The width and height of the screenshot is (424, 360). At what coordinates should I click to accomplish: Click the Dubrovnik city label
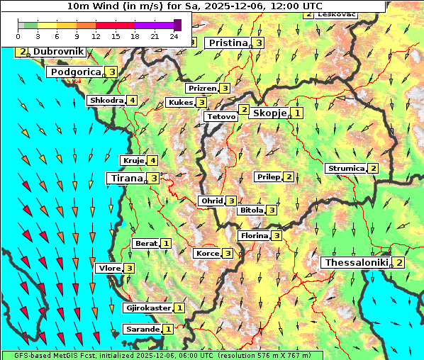pos(58,52)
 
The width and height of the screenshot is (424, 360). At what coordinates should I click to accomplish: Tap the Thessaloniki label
pos(356,263)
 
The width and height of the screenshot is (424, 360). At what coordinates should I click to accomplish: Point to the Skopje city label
pos(269,113)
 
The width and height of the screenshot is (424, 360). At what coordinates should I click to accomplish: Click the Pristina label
pos(228,43)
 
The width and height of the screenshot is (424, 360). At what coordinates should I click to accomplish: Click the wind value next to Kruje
pos(153,161)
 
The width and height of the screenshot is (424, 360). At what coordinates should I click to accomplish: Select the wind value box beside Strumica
pos(373,169)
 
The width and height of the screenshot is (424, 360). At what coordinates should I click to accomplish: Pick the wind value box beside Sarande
pos(168,330)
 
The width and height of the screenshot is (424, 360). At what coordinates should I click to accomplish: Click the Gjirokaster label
pos(147,308)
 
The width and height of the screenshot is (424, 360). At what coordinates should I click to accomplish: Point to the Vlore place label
pos(109,269)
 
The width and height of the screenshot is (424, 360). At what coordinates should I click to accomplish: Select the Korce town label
pos(206,254)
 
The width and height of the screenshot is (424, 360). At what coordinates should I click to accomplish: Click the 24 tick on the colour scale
pos(174,35)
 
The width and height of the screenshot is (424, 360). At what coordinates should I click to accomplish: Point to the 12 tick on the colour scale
pos(96,35)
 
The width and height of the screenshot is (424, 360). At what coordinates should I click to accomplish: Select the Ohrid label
pos(211,201)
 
